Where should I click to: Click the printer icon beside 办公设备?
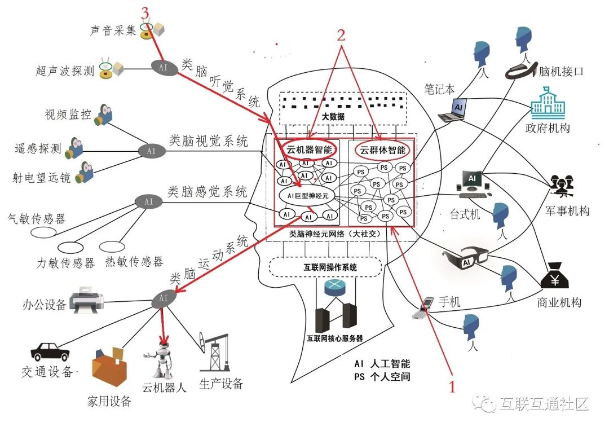[x=87, y=300]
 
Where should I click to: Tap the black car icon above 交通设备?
[x=50, y=351]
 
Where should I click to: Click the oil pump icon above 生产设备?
[x=214, y=351]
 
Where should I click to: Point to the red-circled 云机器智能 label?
[x=309, y=149]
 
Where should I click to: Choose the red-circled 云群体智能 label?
[x=382, y=150]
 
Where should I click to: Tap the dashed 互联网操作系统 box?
[x=325, y=267]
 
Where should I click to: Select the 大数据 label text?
[x=333, y=116]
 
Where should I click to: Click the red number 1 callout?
[x=452, y=386]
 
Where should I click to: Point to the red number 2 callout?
[x=341, y=36]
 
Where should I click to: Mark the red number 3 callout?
[x=145, y=13]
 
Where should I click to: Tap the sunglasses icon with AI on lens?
[x=466, y=257]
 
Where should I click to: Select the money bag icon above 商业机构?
[x=555, y=276]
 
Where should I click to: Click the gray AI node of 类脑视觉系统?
[x=152, y=151]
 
